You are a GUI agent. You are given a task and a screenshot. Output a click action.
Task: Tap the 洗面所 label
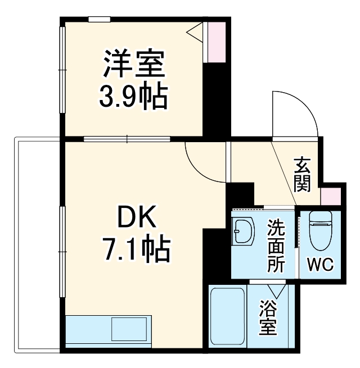coord(276,246)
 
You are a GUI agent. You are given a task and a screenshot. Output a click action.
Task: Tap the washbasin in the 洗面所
coord(244,232)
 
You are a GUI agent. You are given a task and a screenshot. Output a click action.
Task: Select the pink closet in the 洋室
coord(215,43)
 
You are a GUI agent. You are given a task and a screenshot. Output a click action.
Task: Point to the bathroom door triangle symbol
coord(276,290)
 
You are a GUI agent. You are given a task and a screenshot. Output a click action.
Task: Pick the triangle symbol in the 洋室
coord(196,33)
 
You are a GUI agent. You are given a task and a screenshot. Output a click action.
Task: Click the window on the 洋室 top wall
coord(99,19)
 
